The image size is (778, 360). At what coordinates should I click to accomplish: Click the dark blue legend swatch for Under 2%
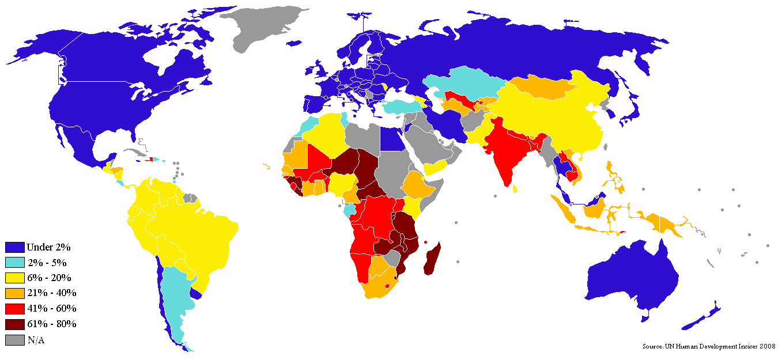[x=15, y=247]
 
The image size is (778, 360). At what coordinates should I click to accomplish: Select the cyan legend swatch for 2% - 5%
[x=15, y=263]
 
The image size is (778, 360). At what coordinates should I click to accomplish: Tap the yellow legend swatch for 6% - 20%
[x=15, y=278]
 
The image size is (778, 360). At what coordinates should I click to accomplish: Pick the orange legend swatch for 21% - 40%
[x=15, y=293]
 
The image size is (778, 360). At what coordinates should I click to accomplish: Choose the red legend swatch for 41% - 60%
[x=15, y=309]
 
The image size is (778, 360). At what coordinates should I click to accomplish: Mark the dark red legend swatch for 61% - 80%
[x=15, y=324]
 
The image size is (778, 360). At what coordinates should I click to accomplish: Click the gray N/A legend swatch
[x=15, y=340]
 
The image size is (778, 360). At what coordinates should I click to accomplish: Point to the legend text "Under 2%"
[x=48, y=247]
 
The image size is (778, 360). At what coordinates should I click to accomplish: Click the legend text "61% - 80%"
[x=51, y=324]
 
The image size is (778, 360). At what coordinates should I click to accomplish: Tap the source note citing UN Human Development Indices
[x=709, y=346]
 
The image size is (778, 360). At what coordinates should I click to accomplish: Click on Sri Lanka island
[x=514, y=188]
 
